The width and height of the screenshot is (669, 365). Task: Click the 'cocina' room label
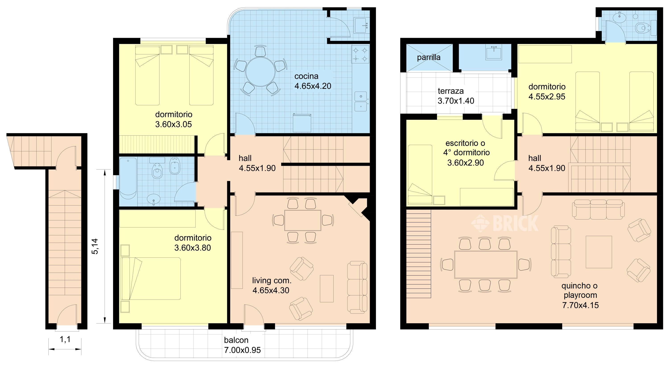click(306, 76)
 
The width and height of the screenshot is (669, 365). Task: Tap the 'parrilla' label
click(429, 57)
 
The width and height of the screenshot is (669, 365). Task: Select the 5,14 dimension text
click(95, 246)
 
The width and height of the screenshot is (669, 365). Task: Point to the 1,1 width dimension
click(65, 339)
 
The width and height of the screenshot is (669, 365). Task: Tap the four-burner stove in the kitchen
click(360, 54)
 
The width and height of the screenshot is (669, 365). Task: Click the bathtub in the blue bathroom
click(128, 178)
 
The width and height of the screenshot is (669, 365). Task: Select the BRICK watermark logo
click(505, 223)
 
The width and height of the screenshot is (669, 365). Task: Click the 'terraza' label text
click(451, 91)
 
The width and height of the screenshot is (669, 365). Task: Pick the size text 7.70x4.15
click(580, 305)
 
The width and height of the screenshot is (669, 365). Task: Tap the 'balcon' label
click(236, 340)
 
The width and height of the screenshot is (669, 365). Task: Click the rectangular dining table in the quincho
click(486, 264)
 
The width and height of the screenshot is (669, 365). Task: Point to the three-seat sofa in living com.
click(357, 287)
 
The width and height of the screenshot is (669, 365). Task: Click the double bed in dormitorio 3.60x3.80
click(151, 278)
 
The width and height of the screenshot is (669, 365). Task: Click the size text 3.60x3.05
click(173, 124)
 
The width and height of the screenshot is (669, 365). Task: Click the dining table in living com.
click(303, 220)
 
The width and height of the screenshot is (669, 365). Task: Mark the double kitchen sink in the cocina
click(361, 102)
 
